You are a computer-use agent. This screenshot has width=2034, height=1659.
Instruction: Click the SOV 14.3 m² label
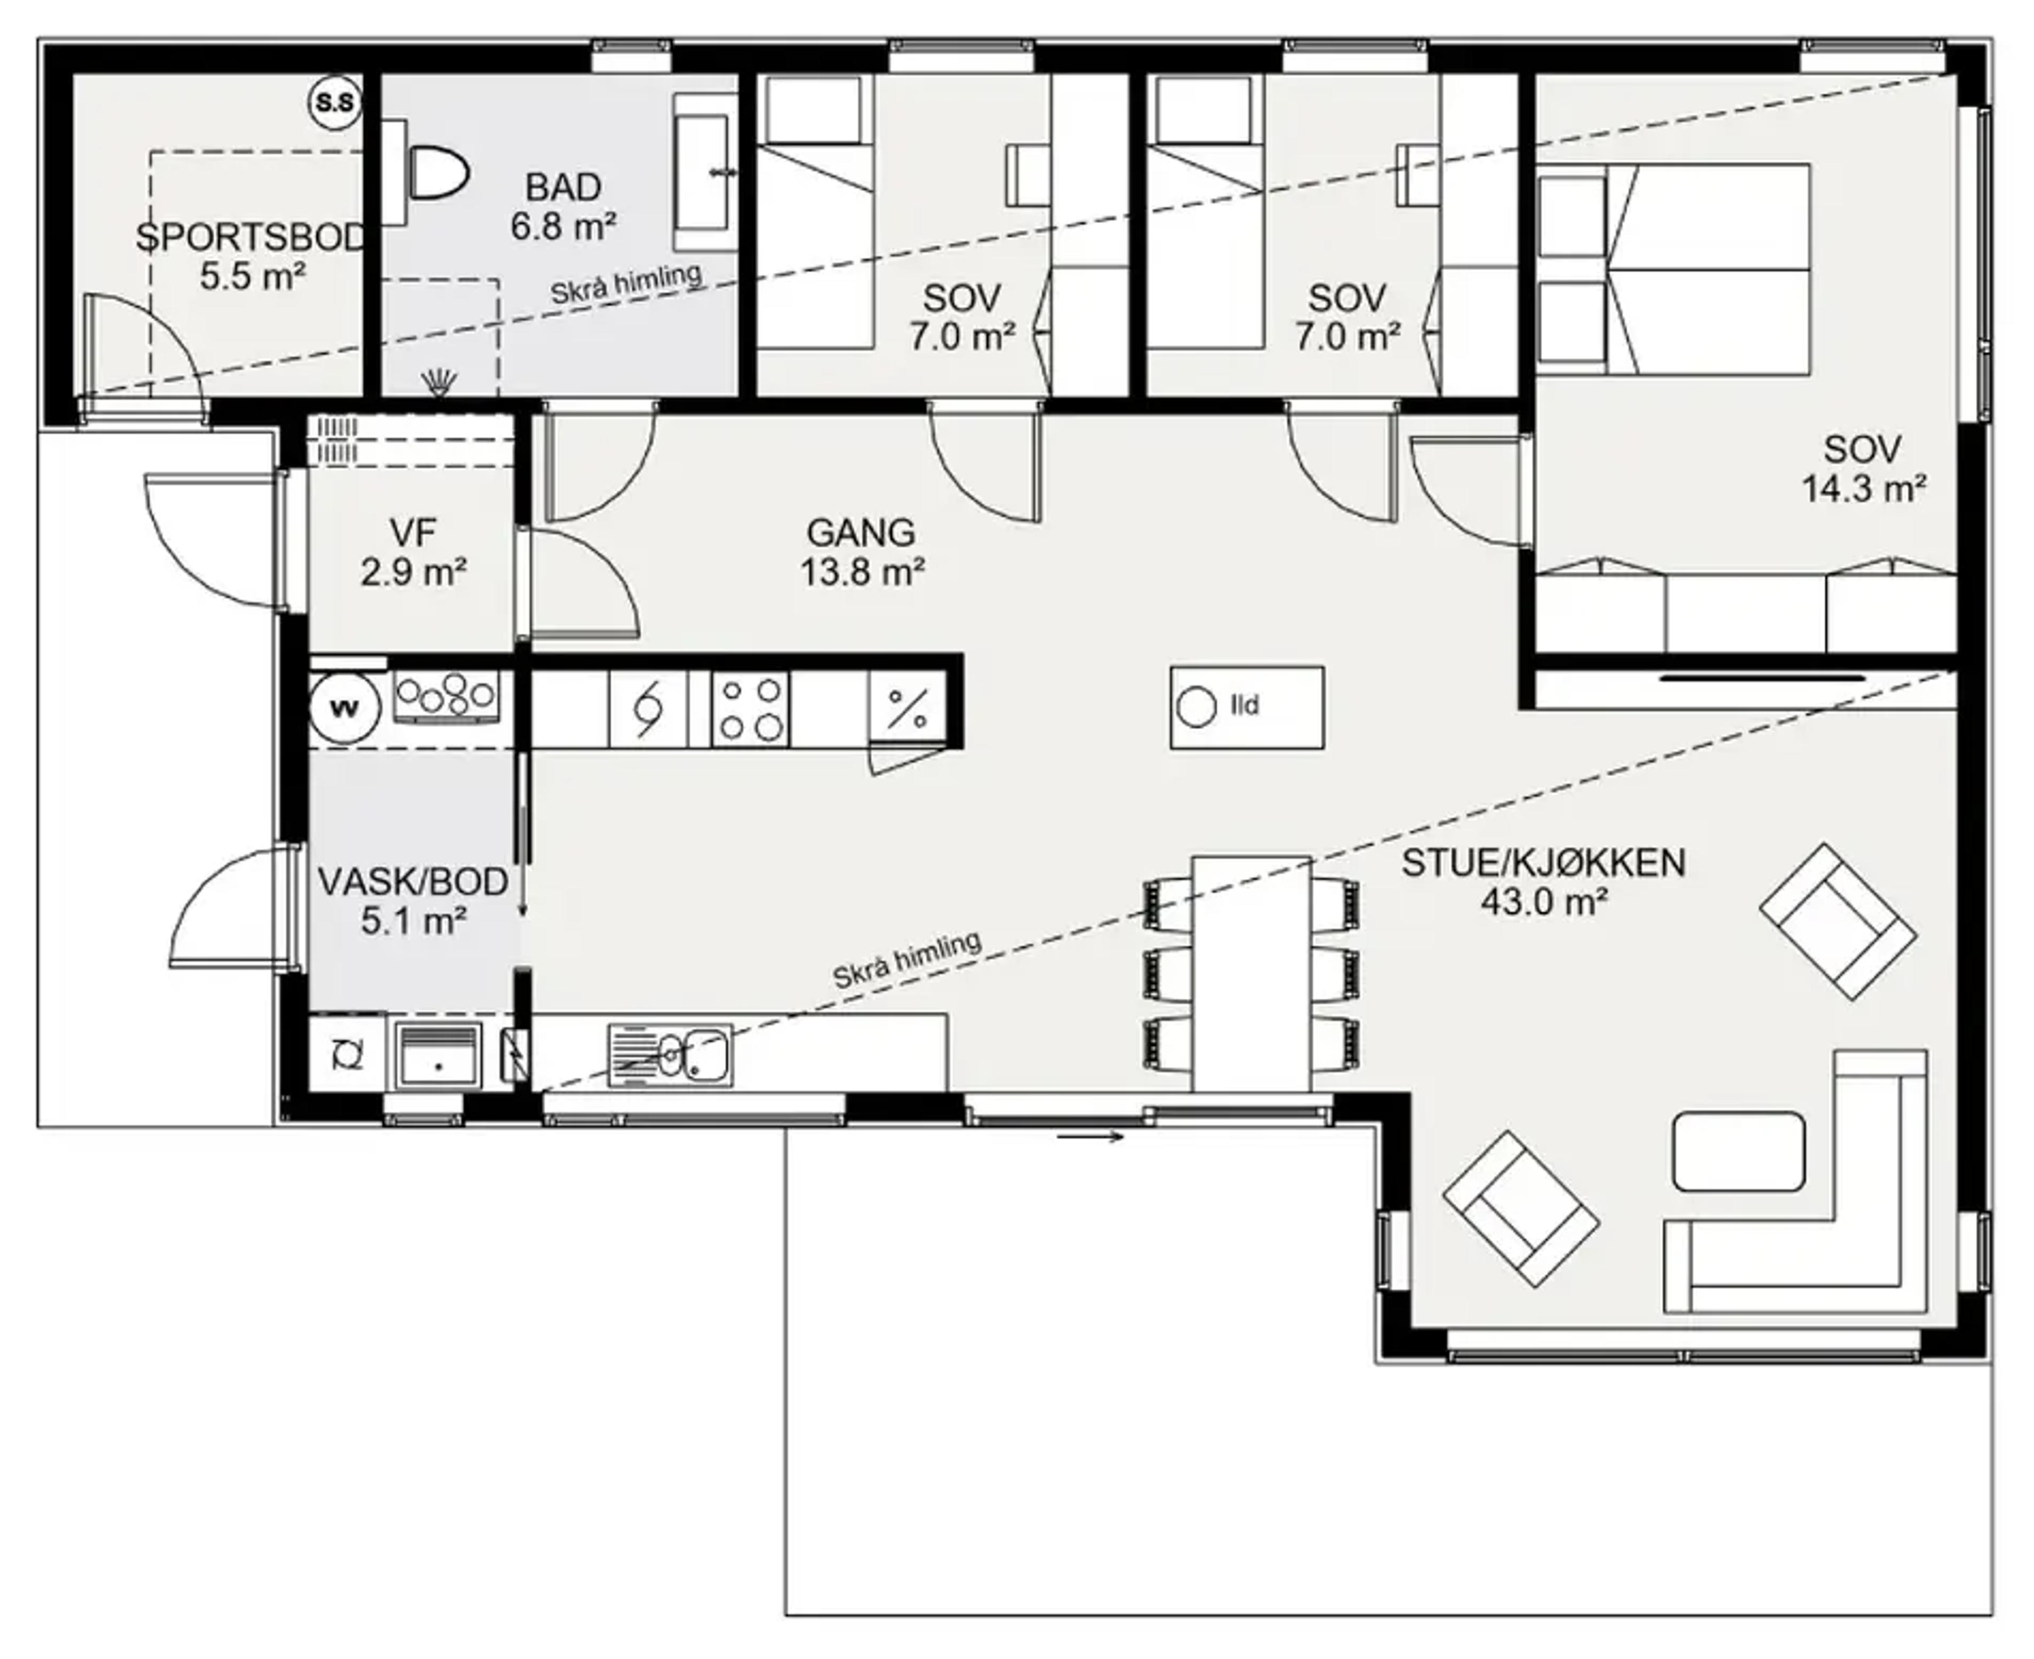[x=1863, y=468]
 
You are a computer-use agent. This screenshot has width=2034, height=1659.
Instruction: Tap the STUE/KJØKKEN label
[x=1543, y=863]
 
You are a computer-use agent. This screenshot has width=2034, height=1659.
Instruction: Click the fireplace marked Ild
[x=1247, y=707]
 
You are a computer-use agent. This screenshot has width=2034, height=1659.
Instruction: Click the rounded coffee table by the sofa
[x=1739, y=1151]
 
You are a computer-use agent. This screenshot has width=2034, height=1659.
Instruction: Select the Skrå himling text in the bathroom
[x=626, y=284]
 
